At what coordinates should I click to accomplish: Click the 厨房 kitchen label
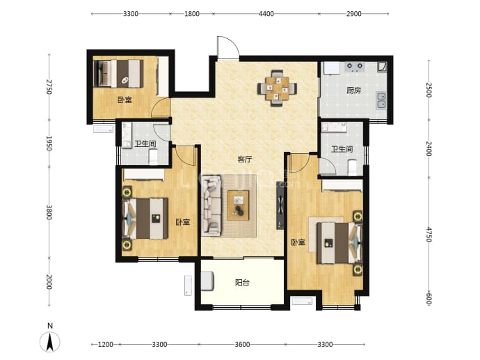(353, 91)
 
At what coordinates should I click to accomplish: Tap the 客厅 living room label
(245, 159)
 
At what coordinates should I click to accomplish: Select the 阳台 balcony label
(242, 283)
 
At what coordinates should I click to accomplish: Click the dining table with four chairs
(277, 88)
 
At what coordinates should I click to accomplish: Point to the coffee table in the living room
(238, 205)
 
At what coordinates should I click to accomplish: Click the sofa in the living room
(211, 205)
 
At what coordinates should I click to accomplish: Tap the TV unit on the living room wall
(280, 205)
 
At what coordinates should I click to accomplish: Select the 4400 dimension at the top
(266, 14)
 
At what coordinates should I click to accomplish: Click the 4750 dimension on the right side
(429, 235)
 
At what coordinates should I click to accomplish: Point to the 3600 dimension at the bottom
(242, 345)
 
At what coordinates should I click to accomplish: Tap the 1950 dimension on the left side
(49, 143)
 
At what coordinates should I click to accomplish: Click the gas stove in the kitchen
(355, 67)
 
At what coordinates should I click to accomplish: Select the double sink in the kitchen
(381, 100)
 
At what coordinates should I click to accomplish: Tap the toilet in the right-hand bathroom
(352, 167)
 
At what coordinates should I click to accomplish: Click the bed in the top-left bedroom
(119, 74)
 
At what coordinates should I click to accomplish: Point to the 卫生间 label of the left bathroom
(145, 143)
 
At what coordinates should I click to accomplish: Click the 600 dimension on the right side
(429, 299)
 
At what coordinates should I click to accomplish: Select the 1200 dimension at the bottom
(105, 345)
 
